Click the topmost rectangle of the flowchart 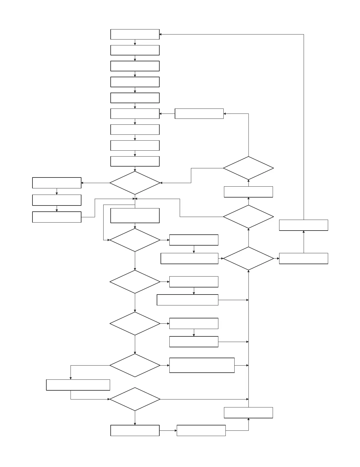135,34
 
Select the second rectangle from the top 135,50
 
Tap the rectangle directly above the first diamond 135,161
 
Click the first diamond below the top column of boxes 135,183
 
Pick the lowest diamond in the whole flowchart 135,399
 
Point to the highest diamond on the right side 248,168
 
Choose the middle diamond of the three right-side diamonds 248,217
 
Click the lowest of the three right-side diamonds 248,258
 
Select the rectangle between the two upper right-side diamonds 248,192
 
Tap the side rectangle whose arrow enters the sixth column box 199,114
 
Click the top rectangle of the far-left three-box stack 57,183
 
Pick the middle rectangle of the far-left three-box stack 57,200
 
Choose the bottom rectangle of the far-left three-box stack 57,217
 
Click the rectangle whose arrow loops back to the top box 303,225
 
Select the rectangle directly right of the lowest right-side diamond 303,258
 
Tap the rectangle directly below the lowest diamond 135,430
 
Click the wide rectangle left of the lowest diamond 78,385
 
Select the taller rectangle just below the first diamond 135,216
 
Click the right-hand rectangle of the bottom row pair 201,430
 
